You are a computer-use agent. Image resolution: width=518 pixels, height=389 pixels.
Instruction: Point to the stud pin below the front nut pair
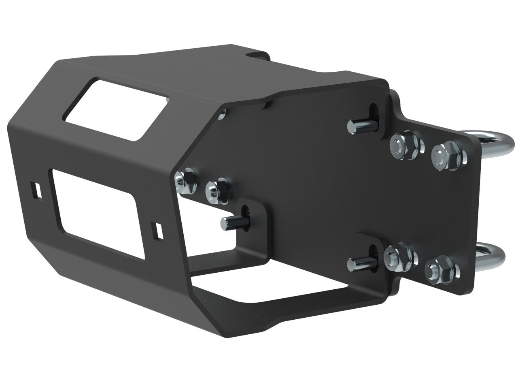231,222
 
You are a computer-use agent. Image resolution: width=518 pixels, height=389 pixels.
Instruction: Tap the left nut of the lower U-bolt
397,255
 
